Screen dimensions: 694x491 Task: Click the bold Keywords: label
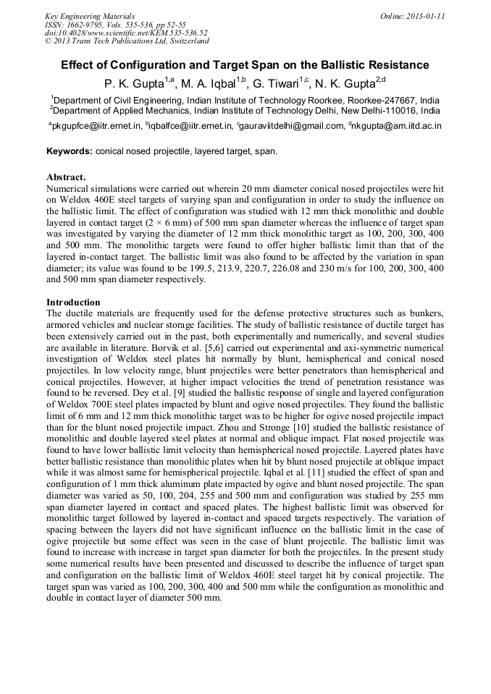70,151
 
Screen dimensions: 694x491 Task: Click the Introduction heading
73,302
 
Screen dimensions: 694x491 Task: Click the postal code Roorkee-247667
381,101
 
